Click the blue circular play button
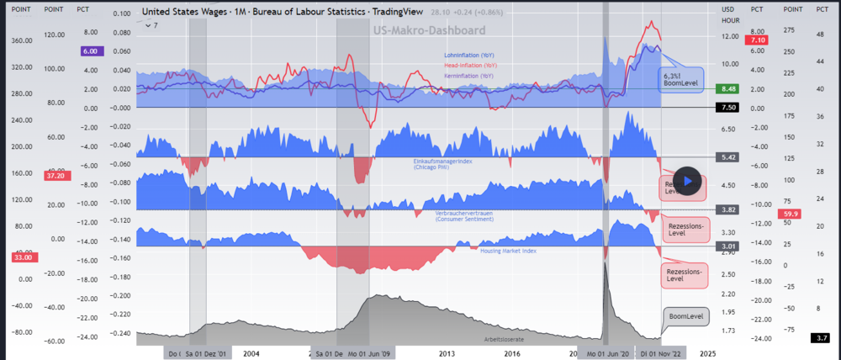[x=688, y=180]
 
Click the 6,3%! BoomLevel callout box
[x=680, y=79]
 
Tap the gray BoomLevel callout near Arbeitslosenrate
[x=685, y=316]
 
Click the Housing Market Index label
[x=508, y=251]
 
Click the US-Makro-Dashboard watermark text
[x=429, y=30]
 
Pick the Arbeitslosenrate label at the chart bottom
[x=504, y=339]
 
